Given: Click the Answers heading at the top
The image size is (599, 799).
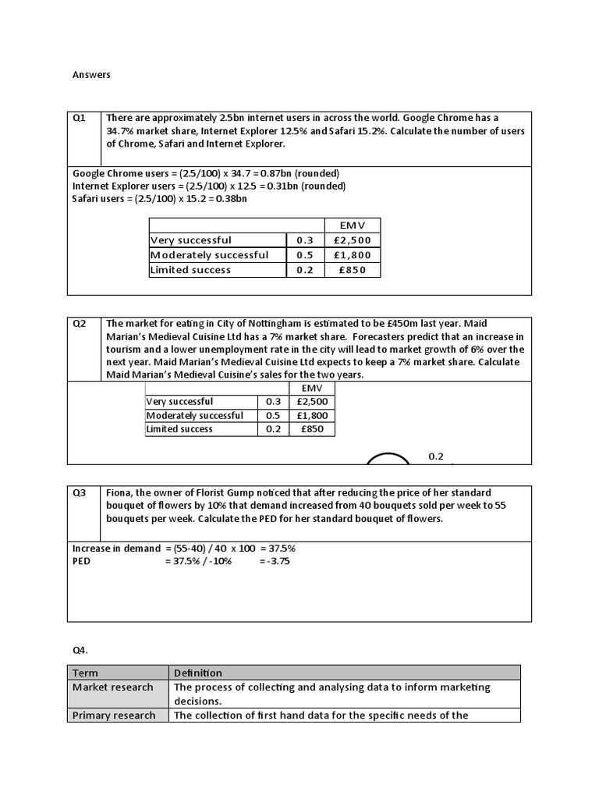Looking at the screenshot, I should point(91,75).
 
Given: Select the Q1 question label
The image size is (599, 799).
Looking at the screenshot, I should point(80,119).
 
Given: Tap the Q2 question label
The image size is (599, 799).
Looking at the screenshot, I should point(80,323).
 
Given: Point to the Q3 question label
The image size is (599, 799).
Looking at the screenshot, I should point(80,493).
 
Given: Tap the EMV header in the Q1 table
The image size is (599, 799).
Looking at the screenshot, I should point(353,225).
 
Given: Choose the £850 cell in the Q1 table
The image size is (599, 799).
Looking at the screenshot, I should point(353,270).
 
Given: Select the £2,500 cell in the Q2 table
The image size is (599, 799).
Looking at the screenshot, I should point(312,401).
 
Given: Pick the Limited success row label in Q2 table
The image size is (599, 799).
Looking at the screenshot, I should point(179,429).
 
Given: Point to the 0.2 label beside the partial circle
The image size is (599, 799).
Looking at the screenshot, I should point(435,456).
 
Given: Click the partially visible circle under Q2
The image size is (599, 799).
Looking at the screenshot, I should point(388,460).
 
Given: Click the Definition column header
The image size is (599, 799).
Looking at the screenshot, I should point(198,673).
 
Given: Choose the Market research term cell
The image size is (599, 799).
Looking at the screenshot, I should point(112,687).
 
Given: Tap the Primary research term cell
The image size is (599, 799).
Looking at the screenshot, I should point(114,716).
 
